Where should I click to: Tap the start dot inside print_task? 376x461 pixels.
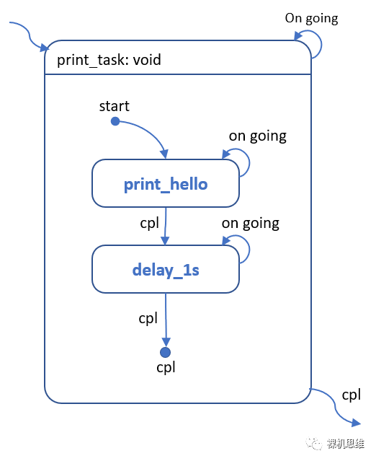[115, 120]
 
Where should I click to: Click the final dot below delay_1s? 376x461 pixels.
[165, 352]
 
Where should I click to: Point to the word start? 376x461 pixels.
[115, 106]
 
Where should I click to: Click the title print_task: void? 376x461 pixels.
[109, 60]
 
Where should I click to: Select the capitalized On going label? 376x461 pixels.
[311, 19]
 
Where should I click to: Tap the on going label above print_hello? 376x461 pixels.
[258, 136]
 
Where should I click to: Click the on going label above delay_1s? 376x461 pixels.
[251, 224]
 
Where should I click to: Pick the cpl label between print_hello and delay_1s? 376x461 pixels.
[149, 224]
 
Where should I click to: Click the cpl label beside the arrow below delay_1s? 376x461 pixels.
[148, 318]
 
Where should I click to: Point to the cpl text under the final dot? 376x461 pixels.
[166, 367]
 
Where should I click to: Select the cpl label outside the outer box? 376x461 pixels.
[351, 395]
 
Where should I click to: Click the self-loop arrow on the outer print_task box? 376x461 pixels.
[321, 44]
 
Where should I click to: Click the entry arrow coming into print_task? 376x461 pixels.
[29, 35]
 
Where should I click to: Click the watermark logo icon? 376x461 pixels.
[314, 443]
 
